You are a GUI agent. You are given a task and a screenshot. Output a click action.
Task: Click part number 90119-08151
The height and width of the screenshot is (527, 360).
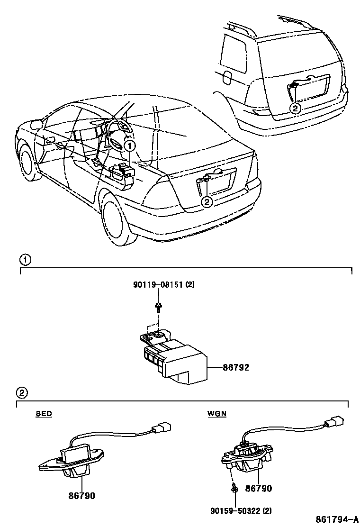click(160, 285)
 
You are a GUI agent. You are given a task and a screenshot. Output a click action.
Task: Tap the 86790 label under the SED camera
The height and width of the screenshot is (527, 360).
click(82, 496)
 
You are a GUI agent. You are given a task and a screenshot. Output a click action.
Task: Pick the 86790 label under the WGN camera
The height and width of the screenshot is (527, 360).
click(259, 489)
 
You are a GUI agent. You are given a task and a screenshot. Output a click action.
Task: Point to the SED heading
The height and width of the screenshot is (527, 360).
click(44, 414)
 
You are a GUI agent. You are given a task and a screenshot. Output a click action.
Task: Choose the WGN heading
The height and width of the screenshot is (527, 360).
click(217, 414)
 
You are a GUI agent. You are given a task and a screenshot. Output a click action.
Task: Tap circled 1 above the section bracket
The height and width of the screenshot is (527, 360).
click(25, 259)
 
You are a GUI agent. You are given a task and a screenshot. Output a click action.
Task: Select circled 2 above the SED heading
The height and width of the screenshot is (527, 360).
click(22, 393)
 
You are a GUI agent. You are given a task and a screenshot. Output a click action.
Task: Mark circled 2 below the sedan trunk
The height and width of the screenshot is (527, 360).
click(207, 202)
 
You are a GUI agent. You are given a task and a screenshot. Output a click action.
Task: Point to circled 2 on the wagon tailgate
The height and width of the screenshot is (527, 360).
click(295, 108)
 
